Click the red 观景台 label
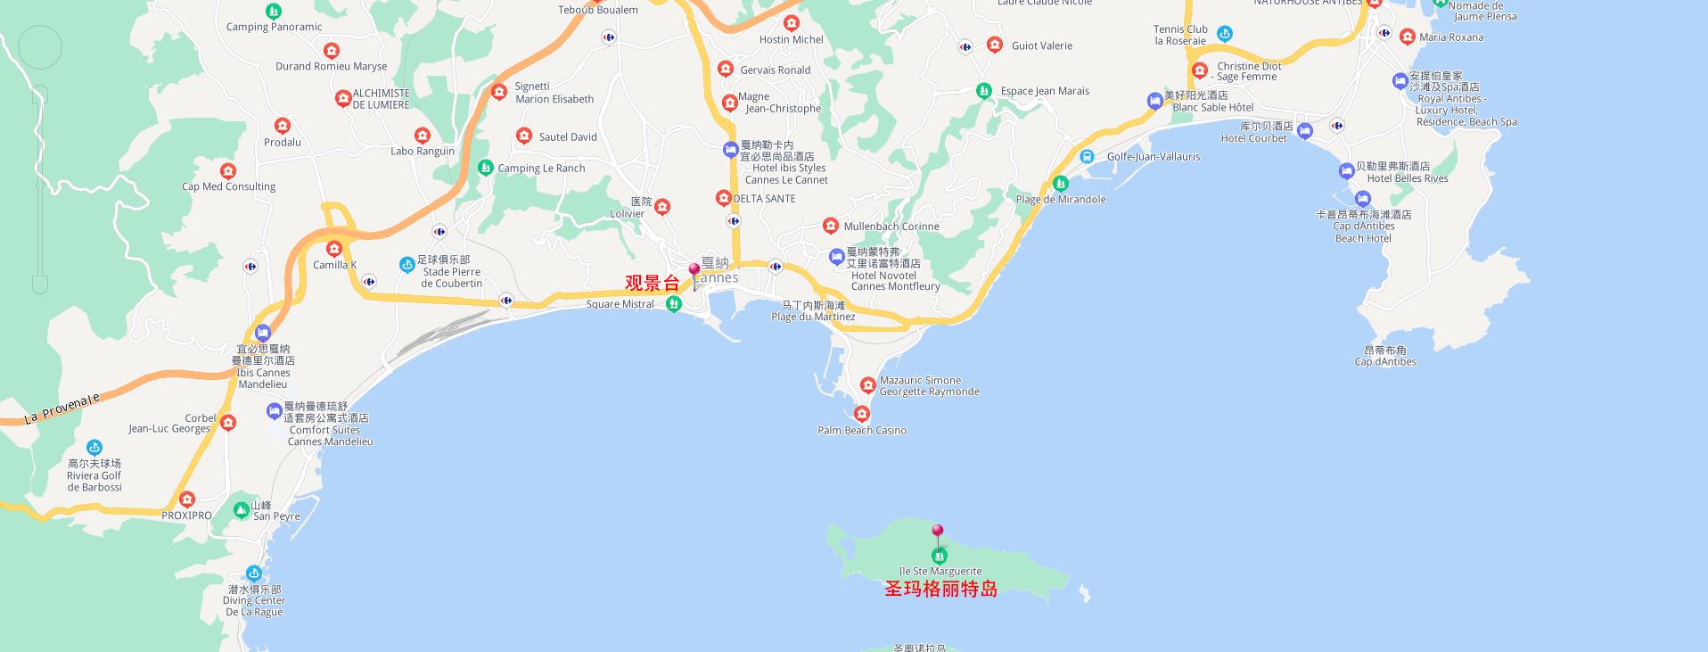tap(652, 284)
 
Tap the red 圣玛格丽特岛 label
tap(940, 589)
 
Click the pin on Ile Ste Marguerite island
tap(938, 532)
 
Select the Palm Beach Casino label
tap(862, 431)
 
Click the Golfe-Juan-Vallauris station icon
tap(1087, 156)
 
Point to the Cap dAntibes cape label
tap(1385, 357)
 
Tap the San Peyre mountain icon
tap(241, 510)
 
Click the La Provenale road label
tap(62, 409)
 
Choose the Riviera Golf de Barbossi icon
tap(94, 448)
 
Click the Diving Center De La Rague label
tap(254, 601)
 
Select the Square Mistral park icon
tap(674, 304)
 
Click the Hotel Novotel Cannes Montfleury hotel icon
tap(836, 257)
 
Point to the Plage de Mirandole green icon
tap(1060, 184)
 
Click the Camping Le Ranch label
tap(541, 169)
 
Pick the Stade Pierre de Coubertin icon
tap(407, 264)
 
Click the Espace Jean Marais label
tap(1045, 91)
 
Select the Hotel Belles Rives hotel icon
tap(1346, 170)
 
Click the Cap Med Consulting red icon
tap(228, 171)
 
